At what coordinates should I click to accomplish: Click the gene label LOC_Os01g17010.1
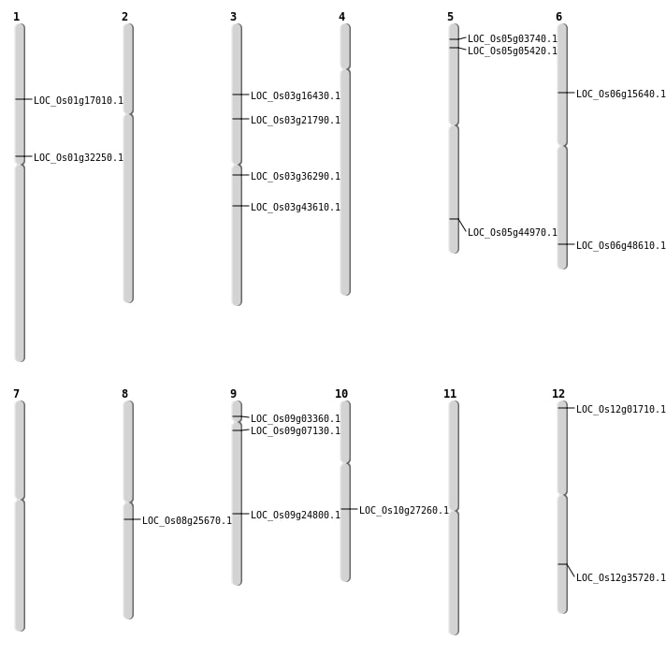tap(79, 100)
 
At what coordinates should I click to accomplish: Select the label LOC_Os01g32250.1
tap(79, 157)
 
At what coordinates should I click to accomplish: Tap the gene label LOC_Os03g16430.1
tap(296, 95)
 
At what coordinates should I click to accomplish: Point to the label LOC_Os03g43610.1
tap(296, 207)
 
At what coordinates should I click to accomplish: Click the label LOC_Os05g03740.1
tap(513, 38)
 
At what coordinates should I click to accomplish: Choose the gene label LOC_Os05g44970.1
tap(513, 232)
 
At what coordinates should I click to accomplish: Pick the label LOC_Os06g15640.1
tap(621, 94)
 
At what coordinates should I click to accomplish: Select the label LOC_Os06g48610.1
tap(621, 245)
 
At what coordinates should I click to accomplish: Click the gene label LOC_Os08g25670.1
tap(187, 520)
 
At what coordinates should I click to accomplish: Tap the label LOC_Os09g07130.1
tap(296, 430)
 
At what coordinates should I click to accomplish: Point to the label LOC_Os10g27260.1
tap(404, 510)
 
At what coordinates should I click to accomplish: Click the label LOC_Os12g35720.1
tap(621, 577)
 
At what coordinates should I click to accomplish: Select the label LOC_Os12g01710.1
tap(621, 409)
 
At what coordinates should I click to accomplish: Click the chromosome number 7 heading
tap(16, 394)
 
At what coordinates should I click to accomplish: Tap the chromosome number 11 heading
tap(450, 394)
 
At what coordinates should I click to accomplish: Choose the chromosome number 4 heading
tap(341, 17)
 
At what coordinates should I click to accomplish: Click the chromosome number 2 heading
tap(124, 17)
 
